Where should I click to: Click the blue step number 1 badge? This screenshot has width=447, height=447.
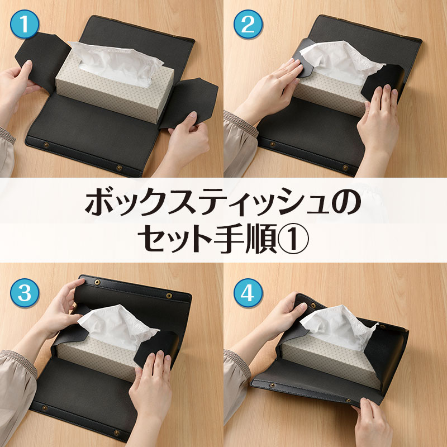tap(25, 24)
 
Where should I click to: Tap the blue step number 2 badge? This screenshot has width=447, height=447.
tap(248, 24)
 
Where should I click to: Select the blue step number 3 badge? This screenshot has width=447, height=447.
tap(25, 293)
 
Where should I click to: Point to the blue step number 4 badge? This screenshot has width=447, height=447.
tap(248, 293)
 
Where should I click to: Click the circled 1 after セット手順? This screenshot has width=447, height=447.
tap(293, 239)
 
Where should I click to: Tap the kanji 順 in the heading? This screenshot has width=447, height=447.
tap(262, 239)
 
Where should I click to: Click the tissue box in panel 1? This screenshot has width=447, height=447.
tap(115, 85)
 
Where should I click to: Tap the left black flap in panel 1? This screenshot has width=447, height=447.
tap(43, 60)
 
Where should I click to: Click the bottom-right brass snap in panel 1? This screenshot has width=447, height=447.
tap(120, 168)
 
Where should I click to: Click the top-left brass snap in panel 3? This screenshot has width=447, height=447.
tap(97, 282)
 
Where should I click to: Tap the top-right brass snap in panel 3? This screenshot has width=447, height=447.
tap(169, 296)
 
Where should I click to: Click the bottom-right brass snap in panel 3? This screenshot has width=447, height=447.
tap(117, 433)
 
